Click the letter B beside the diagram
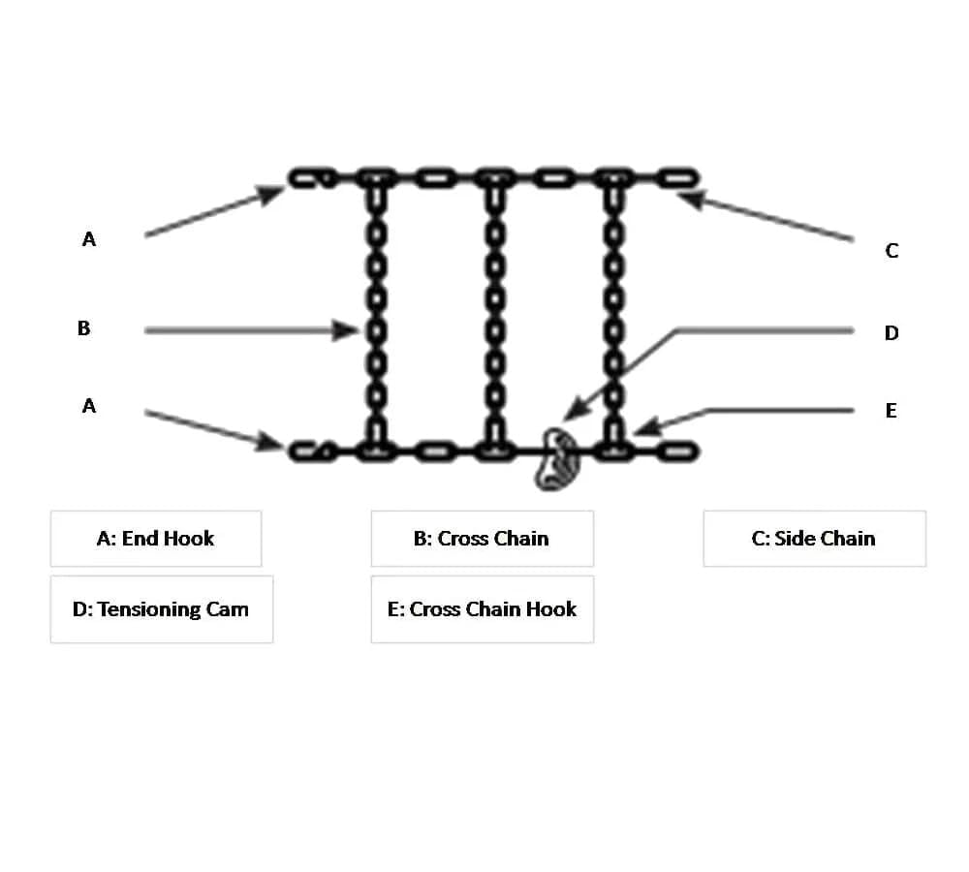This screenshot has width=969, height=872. pyautogui.click(x=84, y=328)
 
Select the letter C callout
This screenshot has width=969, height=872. pyautogui.click(x=891, y=251)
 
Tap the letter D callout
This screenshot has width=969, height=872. pyautogui.click(x=891, y=333)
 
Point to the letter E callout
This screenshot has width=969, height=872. pyautogui.click(x=891, y=411)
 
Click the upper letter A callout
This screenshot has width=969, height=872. pyautogui.click(x=89, y=239)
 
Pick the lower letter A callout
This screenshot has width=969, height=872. pyautogui.click(x=89, y=406)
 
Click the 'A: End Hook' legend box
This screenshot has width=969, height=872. pyautogui.click(x=156, y=539)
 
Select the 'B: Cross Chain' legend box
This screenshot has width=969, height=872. pyautogui.click(x=482, y=539)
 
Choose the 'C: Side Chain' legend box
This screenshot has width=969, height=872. pyautogui.click(x=814, y=539)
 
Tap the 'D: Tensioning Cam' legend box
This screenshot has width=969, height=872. pyautogui.click(x=161, y=609)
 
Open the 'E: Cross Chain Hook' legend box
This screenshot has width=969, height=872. pyautogui.click(x=482, y=609)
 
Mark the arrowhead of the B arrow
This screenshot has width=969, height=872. pyautogui.click(x=351, y=330)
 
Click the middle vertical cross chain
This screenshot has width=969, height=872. pyautogui.click(x=494, y=310)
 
